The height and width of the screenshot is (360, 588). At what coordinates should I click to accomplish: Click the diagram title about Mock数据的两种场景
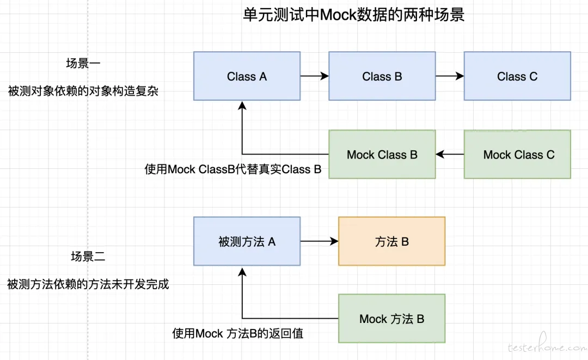pos(354,15)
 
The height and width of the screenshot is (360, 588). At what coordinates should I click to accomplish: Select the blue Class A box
pos(247,76)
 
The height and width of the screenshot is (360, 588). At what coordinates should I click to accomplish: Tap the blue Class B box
pos(382,76)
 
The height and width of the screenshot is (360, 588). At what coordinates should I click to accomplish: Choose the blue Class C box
pos(518,76)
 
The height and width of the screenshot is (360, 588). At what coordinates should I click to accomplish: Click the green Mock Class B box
pos(382,154)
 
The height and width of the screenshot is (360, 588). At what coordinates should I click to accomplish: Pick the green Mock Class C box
pos(518,154)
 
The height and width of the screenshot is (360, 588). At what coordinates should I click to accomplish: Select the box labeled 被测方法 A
pos(247,241)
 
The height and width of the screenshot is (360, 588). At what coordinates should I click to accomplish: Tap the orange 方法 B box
pos(392,241)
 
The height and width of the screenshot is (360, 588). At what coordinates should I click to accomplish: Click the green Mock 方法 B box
pos(392,319)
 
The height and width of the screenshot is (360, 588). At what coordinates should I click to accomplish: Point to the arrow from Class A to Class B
pos(315,76)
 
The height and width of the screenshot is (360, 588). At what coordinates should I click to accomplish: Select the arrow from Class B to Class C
pos(450,76)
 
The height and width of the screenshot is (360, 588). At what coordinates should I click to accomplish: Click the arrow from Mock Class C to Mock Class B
pos(450,154)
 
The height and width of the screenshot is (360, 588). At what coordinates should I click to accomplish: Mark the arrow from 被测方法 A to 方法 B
pos(320,241)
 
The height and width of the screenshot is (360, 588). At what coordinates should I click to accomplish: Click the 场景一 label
pos(83,63)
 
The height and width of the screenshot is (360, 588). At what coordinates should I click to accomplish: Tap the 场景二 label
pos(88,257)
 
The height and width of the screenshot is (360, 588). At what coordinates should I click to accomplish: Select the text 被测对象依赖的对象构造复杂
pos(83,91)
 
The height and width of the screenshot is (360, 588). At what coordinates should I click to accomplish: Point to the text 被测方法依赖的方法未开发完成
pos(88,284)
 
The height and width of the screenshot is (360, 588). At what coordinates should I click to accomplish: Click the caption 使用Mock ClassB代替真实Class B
pos(233,169)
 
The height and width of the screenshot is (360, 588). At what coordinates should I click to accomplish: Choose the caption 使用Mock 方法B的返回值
pos(238,333)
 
